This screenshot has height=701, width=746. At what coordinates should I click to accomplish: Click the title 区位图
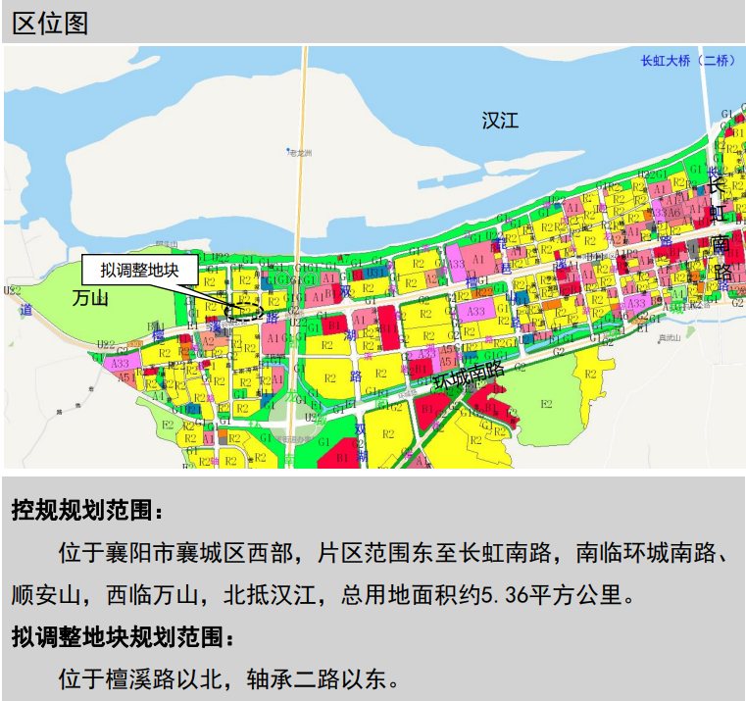click(x=51, y=23)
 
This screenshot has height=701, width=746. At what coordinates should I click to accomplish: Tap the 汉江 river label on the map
click(x=500, y=121)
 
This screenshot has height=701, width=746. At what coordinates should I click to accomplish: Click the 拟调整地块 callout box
click(x=139, y=270)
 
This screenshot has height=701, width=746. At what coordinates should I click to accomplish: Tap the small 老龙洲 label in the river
click(x=299, y=153)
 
